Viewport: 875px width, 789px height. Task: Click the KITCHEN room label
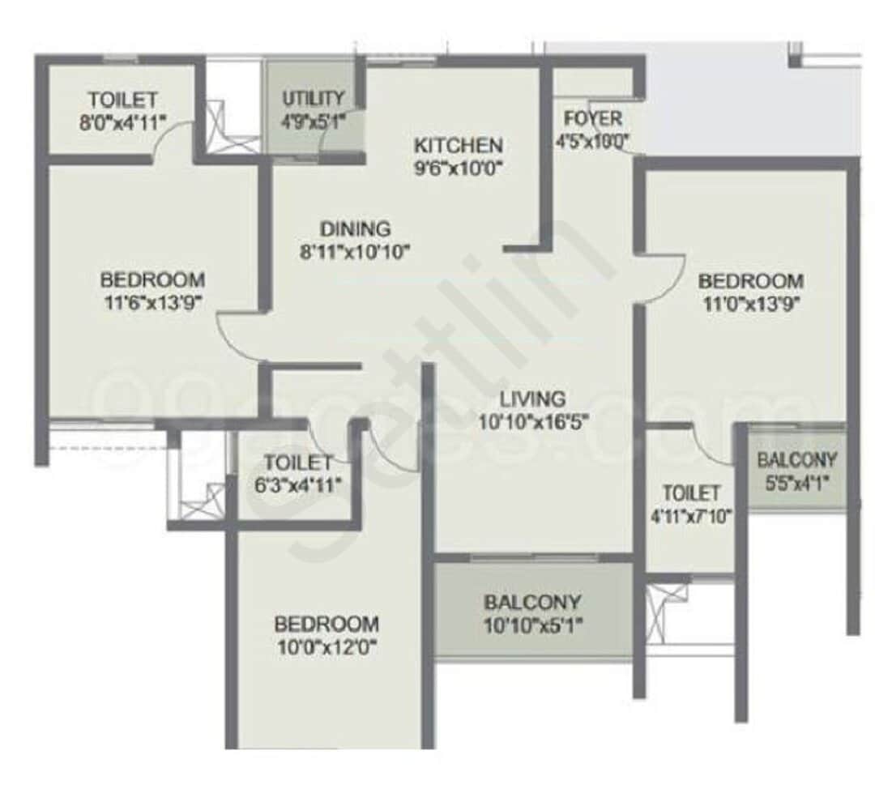pyautogui.click(x=458, y=146)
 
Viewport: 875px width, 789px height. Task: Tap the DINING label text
pyautogui.click(x=354, y=228)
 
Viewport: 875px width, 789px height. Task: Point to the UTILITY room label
pyautogui.click(x=313, y=99)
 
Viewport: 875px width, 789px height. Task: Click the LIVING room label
pyautogui.click(x=532, y=399)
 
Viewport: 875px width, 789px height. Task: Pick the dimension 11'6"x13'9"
pyautogui.click(x=152, y=303)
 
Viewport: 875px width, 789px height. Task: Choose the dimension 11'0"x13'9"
pyautogui.click(x=751, y=304)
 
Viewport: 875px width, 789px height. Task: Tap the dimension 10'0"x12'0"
pyautogui.click(x=327, y=647)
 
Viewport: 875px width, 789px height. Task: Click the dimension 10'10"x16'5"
pyautogui.click(x=532, y=421)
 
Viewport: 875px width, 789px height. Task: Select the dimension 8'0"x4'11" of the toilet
pyautogui.click(x=122, y=123)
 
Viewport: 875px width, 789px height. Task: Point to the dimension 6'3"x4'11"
pyautogui.click(x=298, y=485)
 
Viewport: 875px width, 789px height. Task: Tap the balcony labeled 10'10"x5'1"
pyautogui.click(x=532, y=613)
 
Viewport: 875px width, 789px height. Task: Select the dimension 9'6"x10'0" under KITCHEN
pyautogui.click(x=458, y=169)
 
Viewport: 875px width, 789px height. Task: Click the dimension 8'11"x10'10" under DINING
pyautogui.click(x=354, y=252)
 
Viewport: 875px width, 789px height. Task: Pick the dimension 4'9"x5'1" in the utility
pyautogui.click(x=313, y=123)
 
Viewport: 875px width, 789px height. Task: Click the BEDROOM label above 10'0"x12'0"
pyautogui.click(x=327, y=625)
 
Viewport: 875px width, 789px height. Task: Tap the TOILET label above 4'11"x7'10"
pyautogui.click(x=690, y=493)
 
